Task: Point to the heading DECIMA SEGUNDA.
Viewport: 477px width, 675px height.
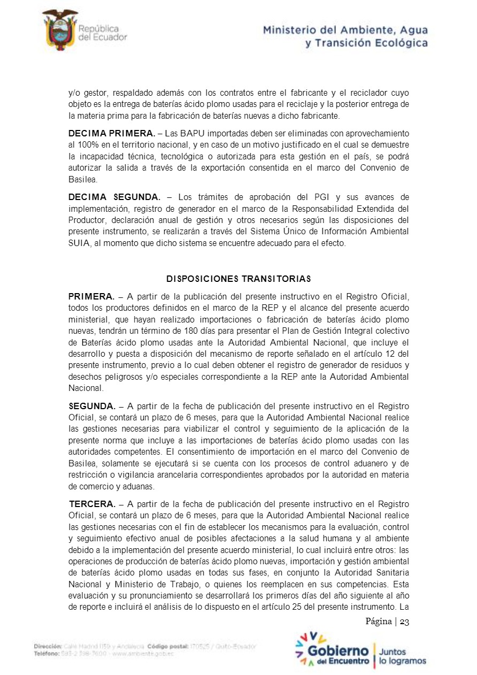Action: (114, 197)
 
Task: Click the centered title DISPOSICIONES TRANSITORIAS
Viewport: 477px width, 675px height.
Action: (239, 279)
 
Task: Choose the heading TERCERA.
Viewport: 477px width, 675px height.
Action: (92, 504)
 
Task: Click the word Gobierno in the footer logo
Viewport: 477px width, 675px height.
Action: (338, 651)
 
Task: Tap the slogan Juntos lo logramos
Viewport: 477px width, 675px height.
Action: (402, 657)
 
